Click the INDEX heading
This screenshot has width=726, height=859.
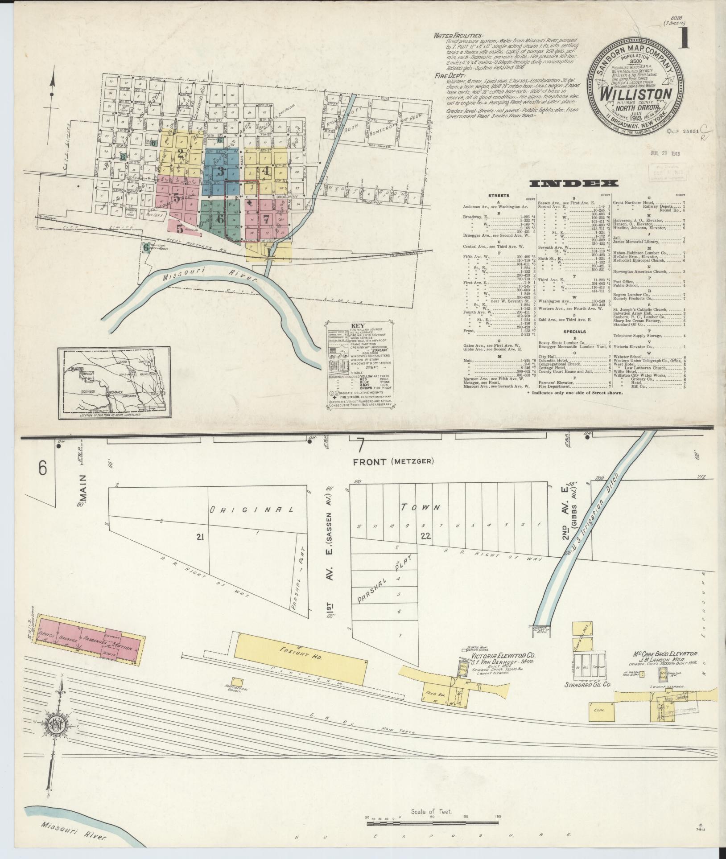tap(573, 183)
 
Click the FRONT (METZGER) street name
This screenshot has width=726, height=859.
tap(393, 462)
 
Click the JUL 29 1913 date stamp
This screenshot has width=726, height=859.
tap(668, 154)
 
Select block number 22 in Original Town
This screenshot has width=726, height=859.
tap(425, 536)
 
